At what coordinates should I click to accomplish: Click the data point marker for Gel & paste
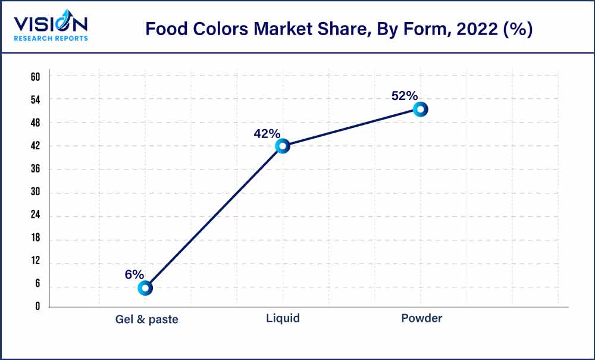pos(145,288)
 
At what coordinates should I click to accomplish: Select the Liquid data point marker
pos(283,146)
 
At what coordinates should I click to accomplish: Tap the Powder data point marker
pos(420,109)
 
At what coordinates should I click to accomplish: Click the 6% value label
pos(134,274)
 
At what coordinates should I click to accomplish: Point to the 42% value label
pos(266,134)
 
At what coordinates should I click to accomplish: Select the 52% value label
pos(405,96)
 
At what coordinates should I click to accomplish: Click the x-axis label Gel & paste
pos(146,319)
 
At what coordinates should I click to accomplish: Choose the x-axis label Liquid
pos(283,318)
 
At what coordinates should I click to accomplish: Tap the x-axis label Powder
pos(421,318)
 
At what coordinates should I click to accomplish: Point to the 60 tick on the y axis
pos(35,76)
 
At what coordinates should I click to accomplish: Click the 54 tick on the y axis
pos(35,99)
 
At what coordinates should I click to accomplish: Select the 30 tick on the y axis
pos(35,193)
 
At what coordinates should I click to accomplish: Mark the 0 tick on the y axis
pos(37,307)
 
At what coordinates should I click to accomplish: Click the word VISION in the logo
pos(51,24)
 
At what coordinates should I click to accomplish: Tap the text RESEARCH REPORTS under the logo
pos(51,39)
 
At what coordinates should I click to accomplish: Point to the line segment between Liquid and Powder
pos(351,127)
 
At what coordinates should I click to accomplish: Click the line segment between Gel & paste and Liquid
pos(214,217)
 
